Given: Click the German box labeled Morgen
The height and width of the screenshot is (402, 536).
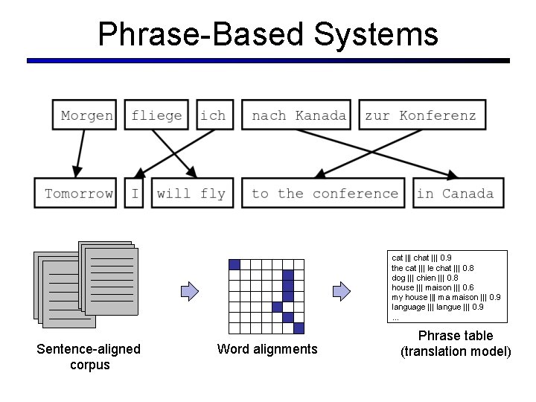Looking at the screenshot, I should click(87, 115).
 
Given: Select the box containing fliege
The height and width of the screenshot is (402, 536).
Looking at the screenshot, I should click(156, 115).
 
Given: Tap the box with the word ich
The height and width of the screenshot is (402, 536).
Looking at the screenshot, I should click(213, 115).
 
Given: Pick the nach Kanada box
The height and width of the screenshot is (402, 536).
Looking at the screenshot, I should click(299, 115).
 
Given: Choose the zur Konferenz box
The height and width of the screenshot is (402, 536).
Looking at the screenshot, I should click(421, 115).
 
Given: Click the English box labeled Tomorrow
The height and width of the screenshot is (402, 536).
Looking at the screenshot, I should click(78, 194).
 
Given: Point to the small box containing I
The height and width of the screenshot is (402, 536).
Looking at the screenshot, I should click(135, 194).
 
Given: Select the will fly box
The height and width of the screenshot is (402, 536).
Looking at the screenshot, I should click(191, 194).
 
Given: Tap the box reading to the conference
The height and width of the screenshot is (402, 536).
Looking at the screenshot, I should click(325, 194).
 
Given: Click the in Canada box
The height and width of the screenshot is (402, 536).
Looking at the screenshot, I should click(456, 194).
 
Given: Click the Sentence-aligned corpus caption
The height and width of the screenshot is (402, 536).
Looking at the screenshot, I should click(89, 357).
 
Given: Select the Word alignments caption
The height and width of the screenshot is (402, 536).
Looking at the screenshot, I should click(267, 349).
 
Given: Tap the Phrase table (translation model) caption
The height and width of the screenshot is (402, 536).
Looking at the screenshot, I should click(456, 343).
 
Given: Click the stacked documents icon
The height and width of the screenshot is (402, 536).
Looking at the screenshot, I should click(84, 283).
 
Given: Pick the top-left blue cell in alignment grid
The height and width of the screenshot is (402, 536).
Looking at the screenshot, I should click(234, 264).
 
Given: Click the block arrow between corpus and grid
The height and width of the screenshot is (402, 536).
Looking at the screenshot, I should click(189, 290).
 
